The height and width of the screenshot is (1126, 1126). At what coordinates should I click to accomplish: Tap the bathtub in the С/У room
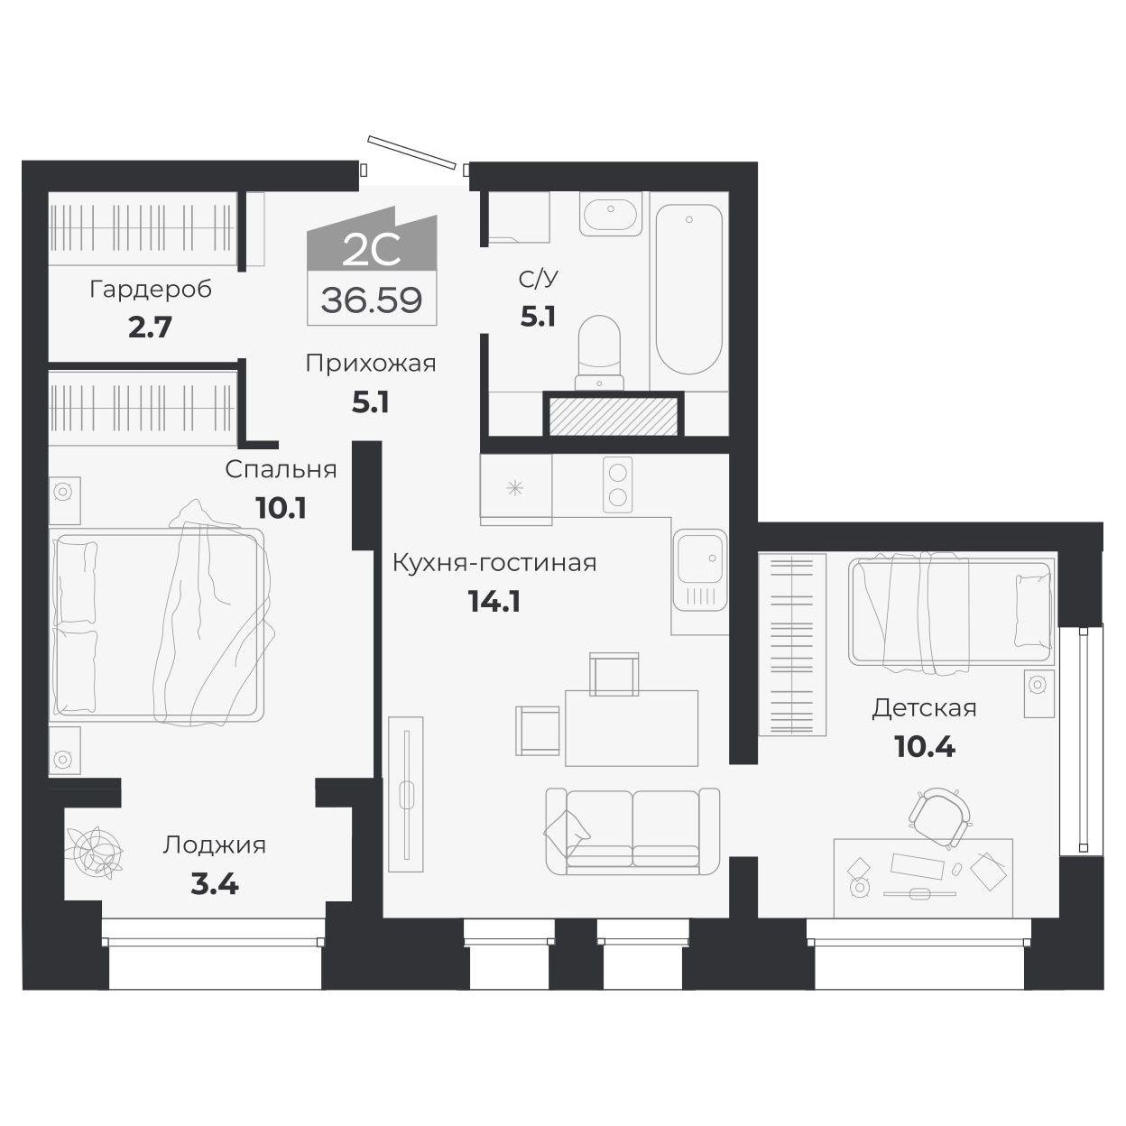coord(689,289)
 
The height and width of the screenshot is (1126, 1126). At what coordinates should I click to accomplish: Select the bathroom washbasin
coord(611,214)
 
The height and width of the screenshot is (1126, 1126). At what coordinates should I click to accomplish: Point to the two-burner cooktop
coord(618,485)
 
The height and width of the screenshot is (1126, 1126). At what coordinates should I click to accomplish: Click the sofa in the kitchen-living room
coord(632,831)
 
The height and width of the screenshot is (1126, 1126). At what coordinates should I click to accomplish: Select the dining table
coord(632,727)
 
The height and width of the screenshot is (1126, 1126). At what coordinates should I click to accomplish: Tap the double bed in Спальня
coord(159,624)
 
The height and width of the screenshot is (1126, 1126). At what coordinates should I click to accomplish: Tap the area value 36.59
coord(372,300)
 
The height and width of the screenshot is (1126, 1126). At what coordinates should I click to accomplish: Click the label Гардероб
coord(151,290)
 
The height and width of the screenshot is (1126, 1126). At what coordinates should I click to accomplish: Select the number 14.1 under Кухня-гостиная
coord(494,601)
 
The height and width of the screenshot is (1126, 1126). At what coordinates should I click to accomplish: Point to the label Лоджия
coord(214,845)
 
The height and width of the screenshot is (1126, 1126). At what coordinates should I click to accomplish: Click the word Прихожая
coord(370,364)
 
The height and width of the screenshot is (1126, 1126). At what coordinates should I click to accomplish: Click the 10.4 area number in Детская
coord(924,746)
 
